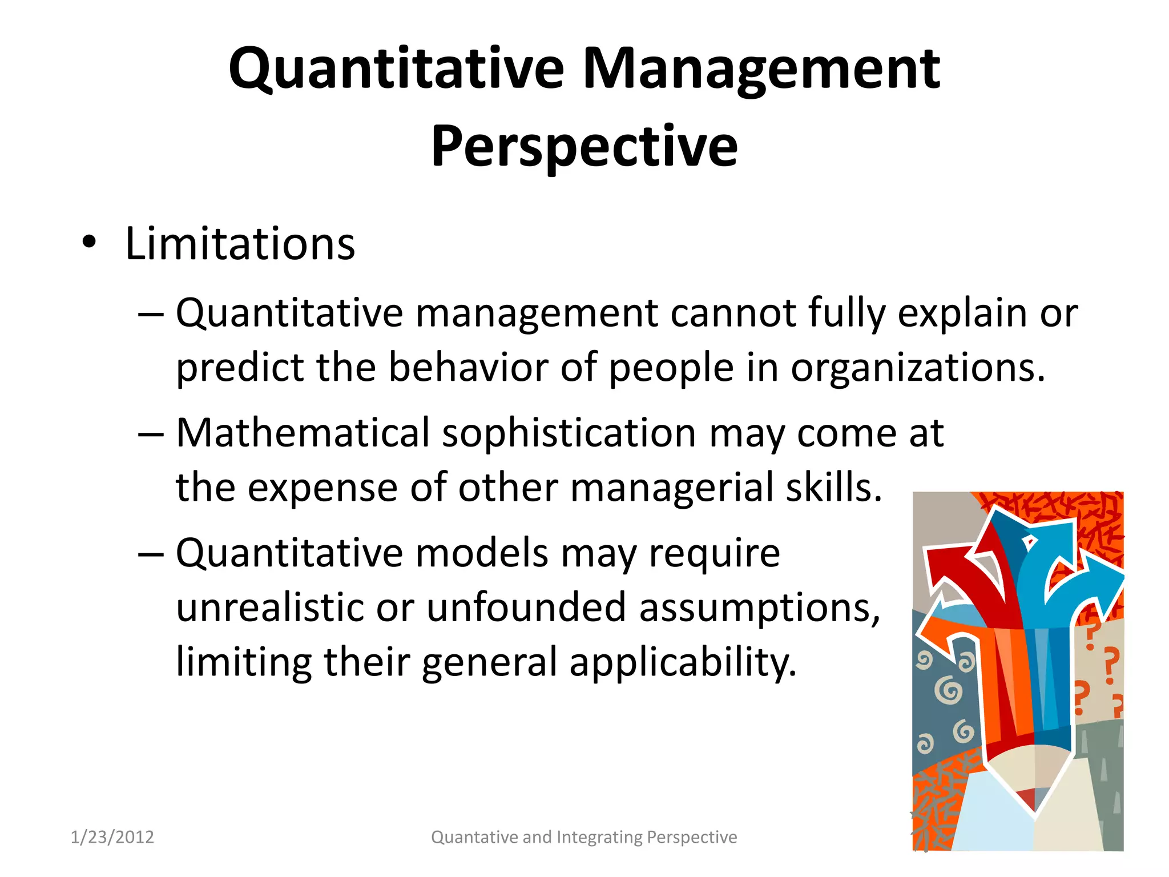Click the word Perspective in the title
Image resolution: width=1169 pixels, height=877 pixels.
pyautogui.click(x=584, y=147)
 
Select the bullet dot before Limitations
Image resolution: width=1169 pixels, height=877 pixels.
pyautogui.click(x=89, y=243)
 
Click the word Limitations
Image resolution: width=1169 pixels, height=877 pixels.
pyautogui.click(x=240, y=244)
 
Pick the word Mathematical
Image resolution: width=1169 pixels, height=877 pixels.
pyautogui.click(x=303, y=433)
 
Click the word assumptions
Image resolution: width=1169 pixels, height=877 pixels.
pyautogui.click(x=759, y=609)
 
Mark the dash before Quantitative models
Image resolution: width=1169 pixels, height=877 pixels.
pyautogui.click(x=151, y=554)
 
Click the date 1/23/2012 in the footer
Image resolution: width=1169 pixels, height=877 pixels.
pyautogui.click(x=112, y=837)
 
